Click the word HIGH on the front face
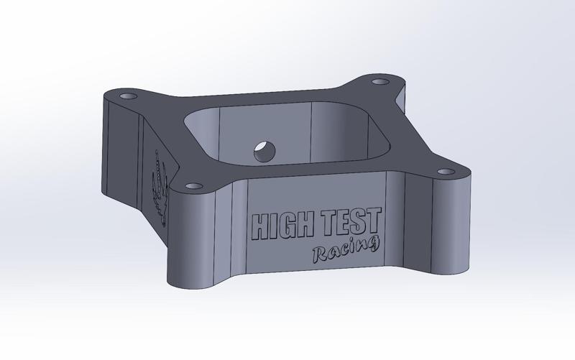[x=280, y=226]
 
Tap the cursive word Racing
[x=345, y=250]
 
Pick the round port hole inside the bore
[x=264, y=151]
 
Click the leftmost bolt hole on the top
[x=129, y=96]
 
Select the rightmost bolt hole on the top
[x=446, y=172]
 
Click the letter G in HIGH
[x=286, y=226]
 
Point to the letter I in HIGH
[x=272, y=227]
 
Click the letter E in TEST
[x=342, y=222]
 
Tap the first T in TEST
[x=328, y=223]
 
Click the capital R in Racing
[x=320, y=254]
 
